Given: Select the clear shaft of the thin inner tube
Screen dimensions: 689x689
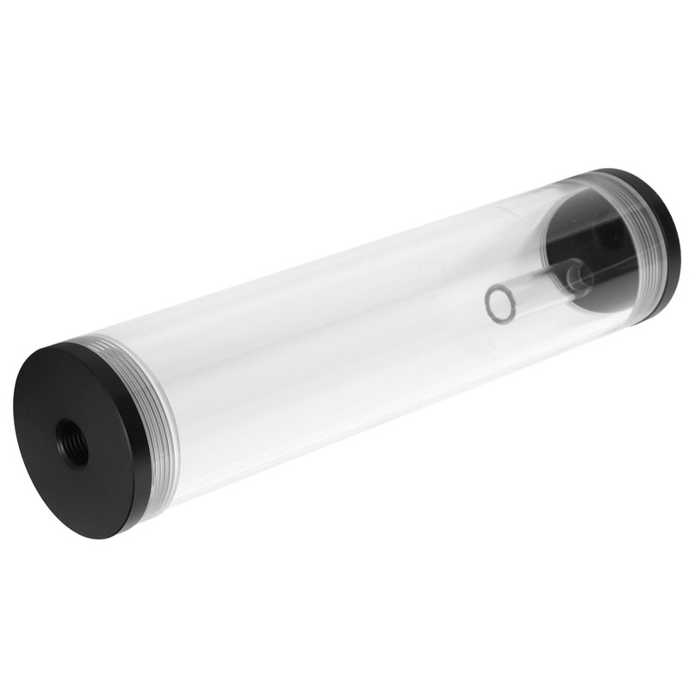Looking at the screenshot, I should (x=534, y=288).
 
